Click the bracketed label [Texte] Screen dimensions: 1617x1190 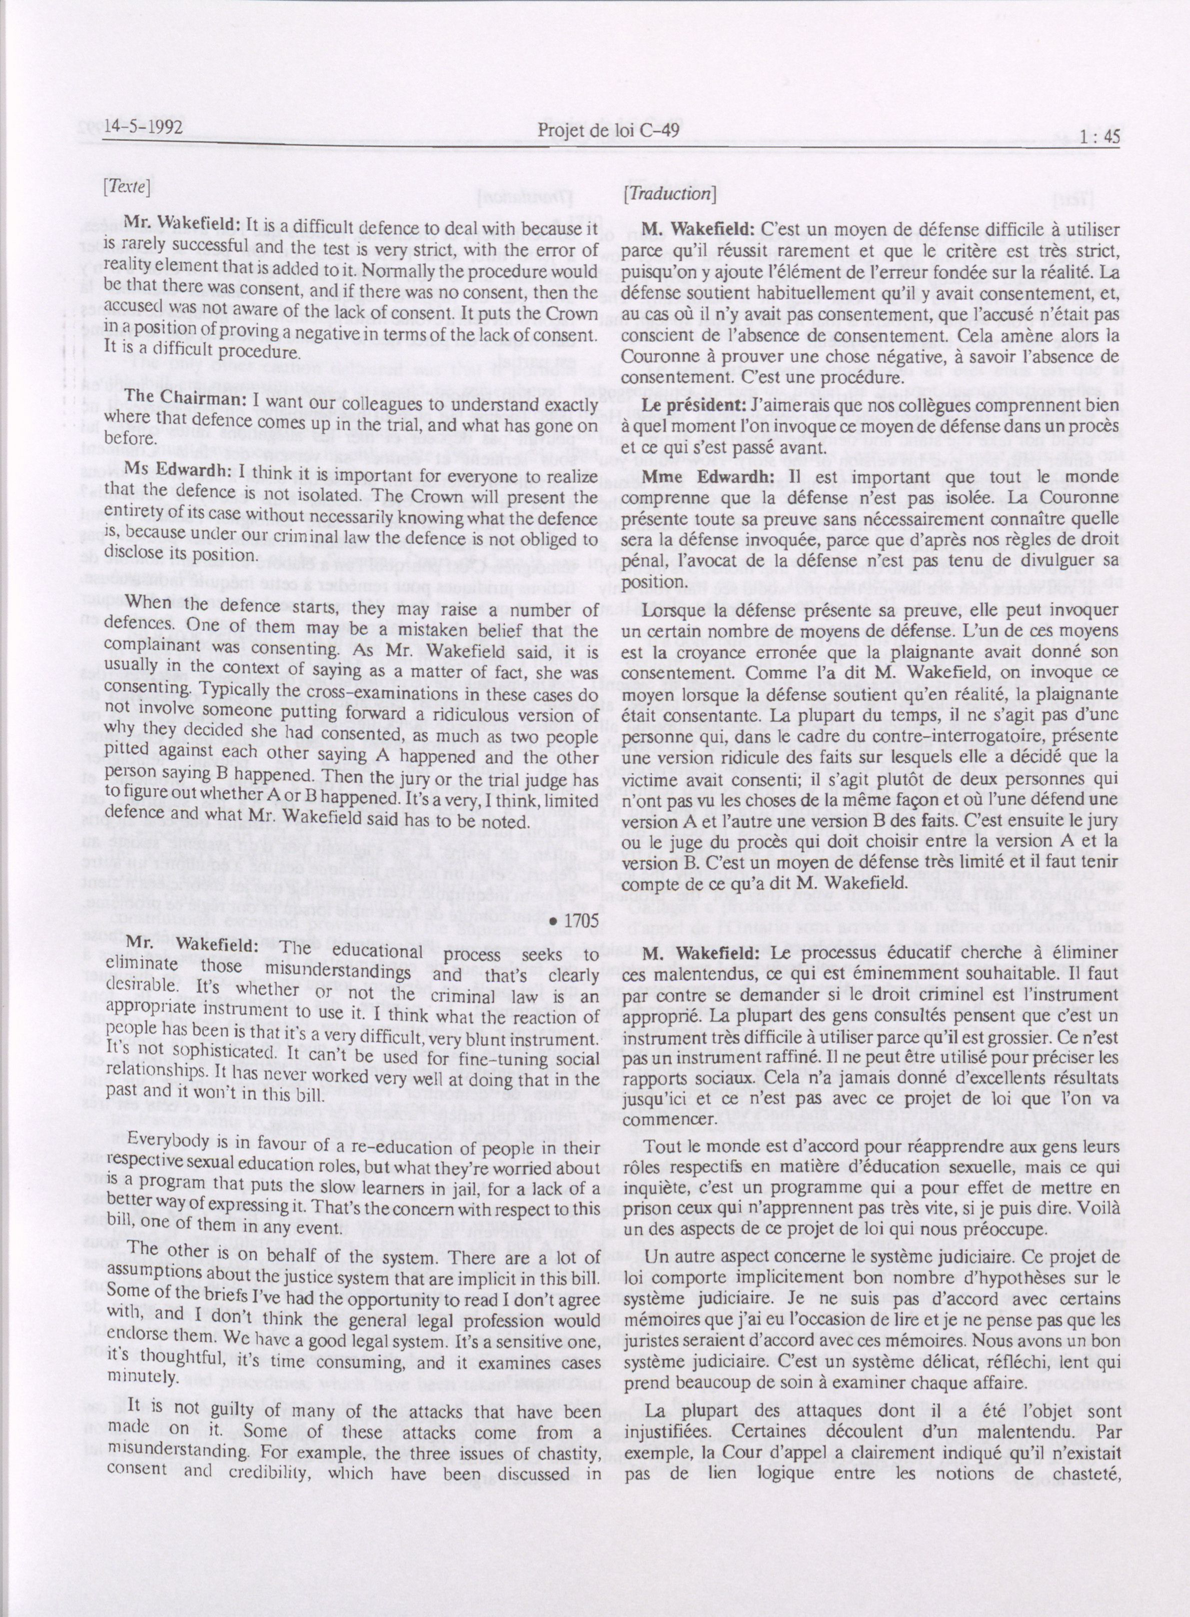[127, 187]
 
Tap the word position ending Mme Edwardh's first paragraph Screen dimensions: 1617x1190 [648, 581]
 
